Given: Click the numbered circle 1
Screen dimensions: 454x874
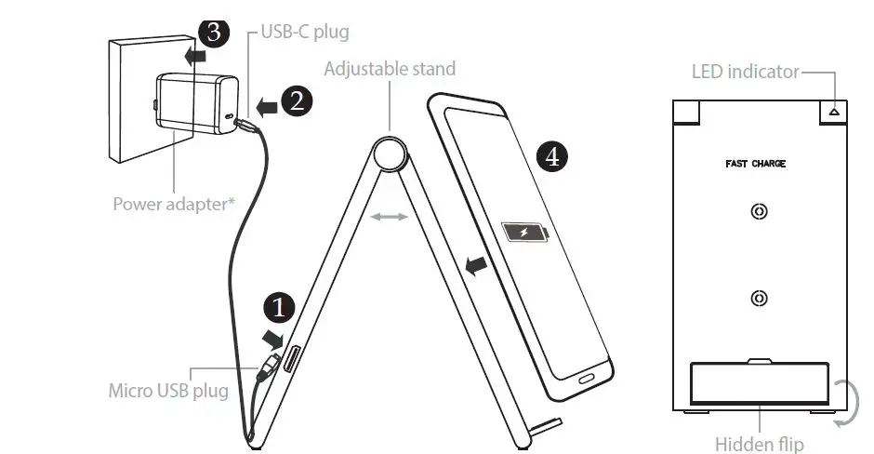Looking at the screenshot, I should (280, 306).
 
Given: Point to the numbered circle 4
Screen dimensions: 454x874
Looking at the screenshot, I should (552, 156).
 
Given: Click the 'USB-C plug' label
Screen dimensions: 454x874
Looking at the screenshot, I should (304, 33).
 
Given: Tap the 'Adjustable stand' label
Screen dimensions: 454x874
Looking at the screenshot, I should (390, 69).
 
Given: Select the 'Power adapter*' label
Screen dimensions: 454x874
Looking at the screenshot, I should (173, 203).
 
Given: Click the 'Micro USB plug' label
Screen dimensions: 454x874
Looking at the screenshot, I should (168, 390).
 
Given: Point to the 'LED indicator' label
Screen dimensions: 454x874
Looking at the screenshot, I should (745, 72).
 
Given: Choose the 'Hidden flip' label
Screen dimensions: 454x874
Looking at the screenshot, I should (759, 444).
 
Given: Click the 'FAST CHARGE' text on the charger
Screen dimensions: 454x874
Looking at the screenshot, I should (755, 164).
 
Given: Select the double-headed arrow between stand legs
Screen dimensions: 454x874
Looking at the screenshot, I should (388, 217).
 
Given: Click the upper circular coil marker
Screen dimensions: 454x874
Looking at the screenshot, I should (760, 212).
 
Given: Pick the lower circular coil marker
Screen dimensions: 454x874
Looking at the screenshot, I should (760, 299).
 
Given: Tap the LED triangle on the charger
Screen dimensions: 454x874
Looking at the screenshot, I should (834, 111).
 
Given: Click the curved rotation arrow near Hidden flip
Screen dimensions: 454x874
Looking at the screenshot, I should (846, 403).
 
